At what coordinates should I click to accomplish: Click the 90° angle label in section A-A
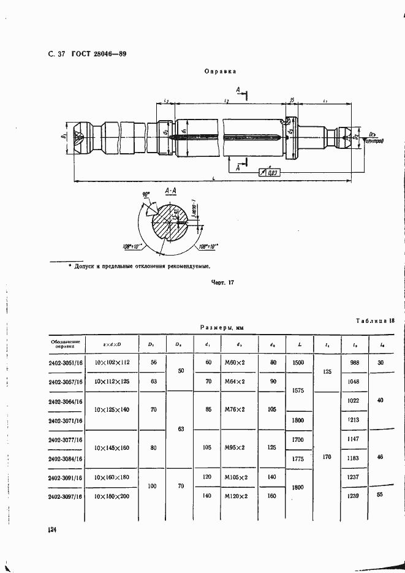tap(146, 195)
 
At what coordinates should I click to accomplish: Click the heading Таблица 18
tap(374, 321)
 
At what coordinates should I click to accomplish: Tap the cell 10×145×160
tap(112, 448)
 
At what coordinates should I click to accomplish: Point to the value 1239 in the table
tap(354, 495)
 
